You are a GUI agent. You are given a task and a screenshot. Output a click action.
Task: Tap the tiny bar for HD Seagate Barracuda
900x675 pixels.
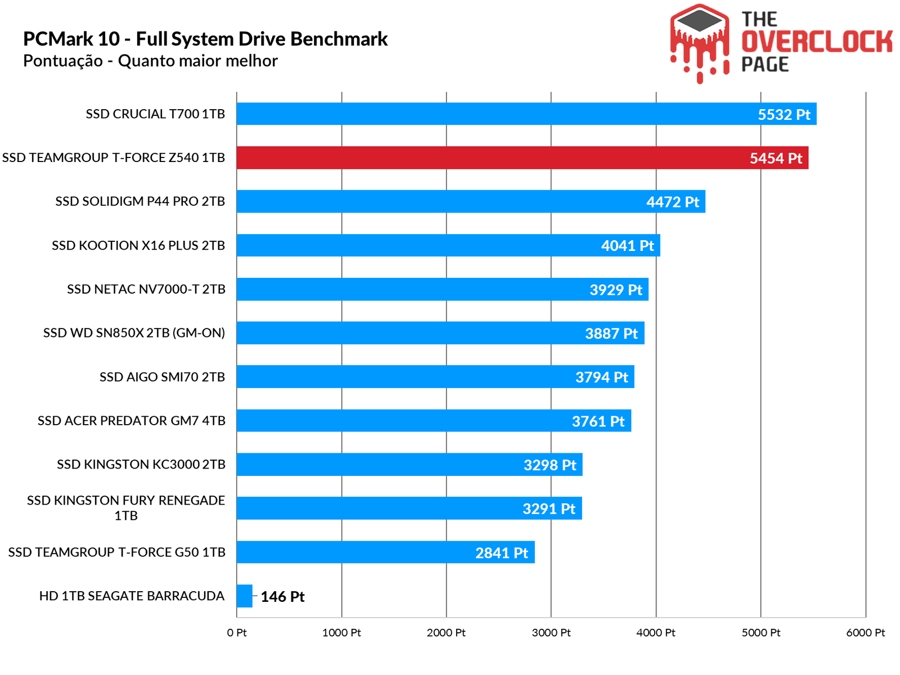244,596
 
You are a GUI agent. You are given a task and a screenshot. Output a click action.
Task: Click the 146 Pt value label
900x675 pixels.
282,597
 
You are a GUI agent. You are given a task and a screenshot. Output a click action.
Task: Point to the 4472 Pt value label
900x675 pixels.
672,202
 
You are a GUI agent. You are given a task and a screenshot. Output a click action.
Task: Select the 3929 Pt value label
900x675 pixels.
615,290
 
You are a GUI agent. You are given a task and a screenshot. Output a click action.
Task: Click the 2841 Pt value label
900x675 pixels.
501,553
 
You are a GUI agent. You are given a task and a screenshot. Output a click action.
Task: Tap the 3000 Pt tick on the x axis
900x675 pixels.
551,633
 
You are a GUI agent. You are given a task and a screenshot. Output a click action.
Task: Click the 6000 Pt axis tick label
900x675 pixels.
865,633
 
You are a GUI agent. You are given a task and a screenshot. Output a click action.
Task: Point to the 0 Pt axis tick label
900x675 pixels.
237,633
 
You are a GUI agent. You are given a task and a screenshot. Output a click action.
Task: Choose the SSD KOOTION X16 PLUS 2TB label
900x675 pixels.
138,246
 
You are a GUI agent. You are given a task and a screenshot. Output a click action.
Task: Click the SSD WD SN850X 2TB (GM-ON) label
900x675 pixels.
134,333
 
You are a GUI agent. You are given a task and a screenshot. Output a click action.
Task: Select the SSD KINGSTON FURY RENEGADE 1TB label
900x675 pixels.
126,508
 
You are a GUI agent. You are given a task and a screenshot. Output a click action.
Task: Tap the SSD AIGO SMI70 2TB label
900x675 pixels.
162,377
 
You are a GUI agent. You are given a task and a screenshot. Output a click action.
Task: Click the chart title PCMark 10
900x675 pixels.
205,39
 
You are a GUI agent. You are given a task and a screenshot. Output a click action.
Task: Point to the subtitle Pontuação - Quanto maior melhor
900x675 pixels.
150,61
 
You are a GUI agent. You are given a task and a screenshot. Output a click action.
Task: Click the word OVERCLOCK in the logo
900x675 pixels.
817,42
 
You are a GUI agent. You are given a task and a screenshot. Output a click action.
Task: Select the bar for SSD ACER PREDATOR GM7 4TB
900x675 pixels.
434,421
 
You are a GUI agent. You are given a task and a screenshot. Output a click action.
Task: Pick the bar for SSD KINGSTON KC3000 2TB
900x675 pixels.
409,465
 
